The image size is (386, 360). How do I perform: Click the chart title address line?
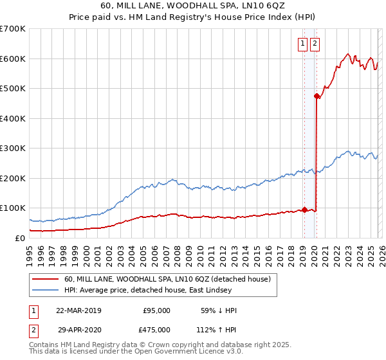click(x=192, y=7)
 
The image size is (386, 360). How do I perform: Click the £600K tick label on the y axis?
click(x=13, y=59)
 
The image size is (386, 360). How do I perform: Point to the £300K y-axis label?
click(x=13, y=148)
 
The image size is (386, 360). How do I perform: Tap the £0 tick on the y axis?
click(x=19, y=238)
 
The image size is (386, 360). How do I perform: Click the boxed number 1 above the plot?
click(x=302, y=44)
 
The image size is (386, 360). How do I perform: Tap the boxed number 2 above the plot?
click(x=315, y=44)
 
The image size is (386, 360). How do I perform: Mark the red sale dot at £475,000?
click(x=317, y=96)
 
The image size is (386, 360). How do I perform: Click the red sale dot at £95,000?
click(x=304, y=210)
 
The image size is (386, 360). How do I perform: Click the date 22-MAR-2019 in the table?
click(x=78, y=310)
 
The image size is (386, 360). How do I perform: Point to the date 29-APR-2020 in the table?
click(x=78, y=329)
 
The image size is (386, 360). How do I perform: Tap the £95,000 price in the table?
click(x=156, y=310)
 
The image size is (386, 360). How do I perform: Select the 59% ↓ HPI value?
click(x=219, y=310)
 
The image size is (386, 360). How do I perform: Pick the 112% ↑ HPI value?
click(x=219, y=329)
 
